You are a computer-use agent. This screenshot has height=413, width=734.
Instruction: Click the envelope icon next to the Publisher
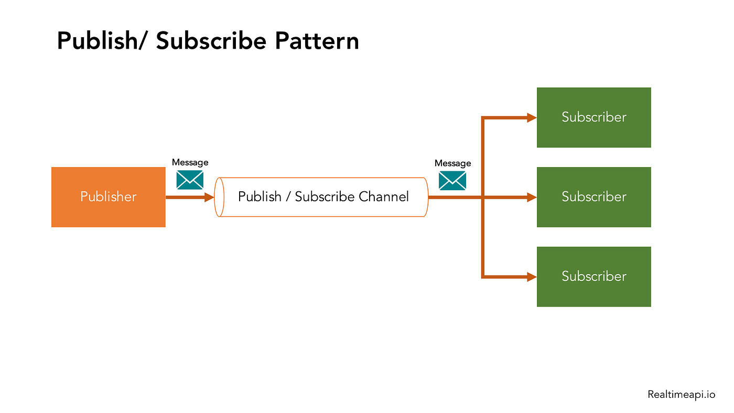[x=190, y=180]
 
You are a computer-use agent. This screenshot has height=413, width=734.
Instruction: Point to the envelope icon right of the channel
[x=452, y=181]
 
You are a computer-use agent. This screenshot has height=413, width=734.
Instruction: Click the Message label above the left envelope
[x=190, y=162]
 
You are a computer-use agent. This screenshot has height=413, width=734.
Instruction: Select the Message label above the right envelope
[x=452, y=164]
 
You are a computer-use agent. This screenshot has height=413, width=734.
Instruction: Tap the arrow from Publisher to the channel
[x=189, y=198]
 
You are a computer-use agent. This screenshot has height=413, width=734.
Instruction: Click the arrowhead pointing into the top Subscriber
[x=531, y=118]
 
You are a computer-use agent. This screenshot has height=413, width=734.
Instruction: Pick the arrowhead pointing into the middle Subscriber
[x=531, y=198]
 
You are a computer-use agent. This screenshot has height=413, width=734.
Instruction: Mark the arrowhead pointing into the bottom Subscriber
[x=531, y=277]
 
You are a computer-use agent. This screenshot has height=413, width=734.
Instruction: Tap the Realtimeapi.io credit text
[x=681, y=395]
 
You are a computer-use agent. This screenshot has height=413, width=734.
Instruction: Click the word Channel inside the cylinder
[x=384, y=197]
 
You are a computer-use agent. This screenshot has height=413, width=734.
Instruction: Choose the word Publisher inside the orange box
[x=108, y=197]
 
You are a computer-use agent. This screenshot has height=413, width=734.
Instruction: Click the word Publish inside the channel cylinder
[x=260, y=197]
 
